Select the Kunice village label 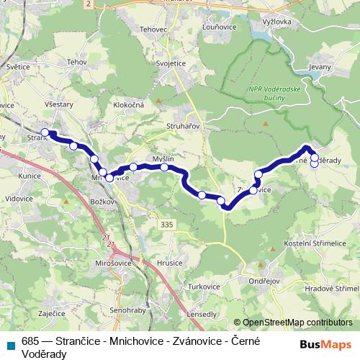pyautogui.click(x=30, y=175)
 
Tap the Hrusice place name pyautogui.click(x=170, y=264)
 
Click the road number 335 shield pyautogui.click(x=167, y=225)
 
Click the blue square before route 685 pyautogui.click(x=11, y=343)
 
